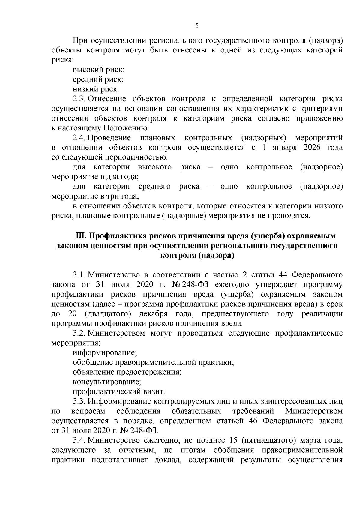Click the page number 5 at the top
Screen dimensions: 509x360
(x=197, y=26)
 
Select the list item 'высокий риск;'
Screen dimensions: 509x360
(x=99, y=70)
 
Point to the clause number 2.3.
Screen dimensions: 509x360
(x=79, y=99)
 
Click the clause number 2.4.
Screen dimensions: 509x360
(x=79, y=138)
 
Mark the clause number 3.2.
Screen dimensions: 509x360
(x=79, y=333)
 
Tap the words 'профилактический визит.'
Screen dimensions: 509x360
(x=119, y=391)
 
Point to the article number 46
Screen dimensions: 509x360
(x=254, y=421)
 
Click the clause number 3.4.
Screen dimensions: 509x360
(x=79, y=440)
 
